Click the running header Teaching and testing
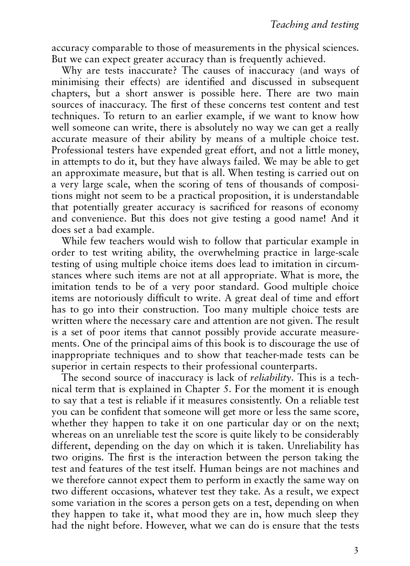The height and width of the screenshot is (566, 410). (x=314, y=25)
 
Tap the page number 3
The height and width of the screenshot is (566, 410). (x=356, y=551)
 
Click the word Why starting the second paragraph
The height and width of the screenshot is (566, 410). (x=72, y=71)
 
